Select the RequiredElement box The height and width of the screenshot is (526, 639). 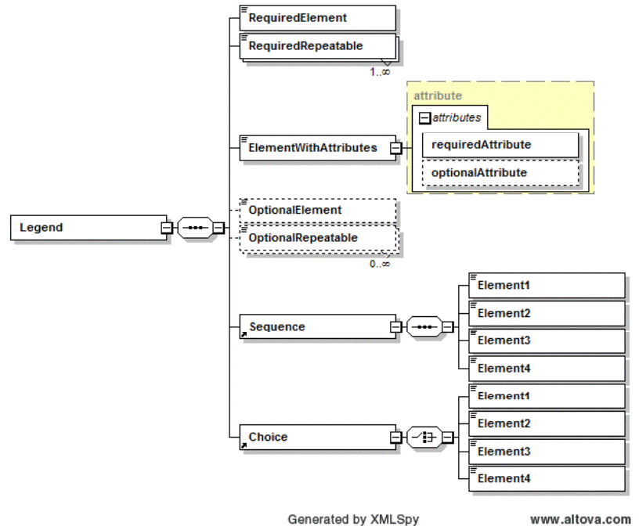coord(317,17)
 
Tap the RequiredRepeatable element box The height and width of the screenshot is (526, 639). coord(317,46)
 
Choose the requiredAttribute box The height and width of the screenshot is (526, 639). coord(500,145)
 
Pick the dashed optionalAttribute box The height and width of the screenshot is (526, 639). coord(500,173)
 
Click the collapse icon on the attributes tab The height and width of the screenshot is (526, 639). coord(424,118)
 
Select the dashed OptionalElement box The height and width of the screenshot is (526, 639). coord(317,211)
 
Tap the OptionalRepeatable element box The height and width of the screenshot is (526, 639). coord(317,238)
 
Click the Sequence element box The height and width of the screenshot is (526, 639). coord(317,326)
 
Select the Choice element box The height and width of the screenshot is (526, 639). coord(317,437)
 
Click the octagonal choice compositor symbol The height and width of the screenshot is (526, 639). coord(424,437)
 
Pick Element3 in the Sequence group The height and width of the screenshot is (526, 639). coord(547,340)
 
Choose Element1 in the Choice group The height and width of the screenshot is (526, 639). coord(547,396)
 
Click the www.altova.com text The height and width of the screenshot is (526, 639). coord(580,518)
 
